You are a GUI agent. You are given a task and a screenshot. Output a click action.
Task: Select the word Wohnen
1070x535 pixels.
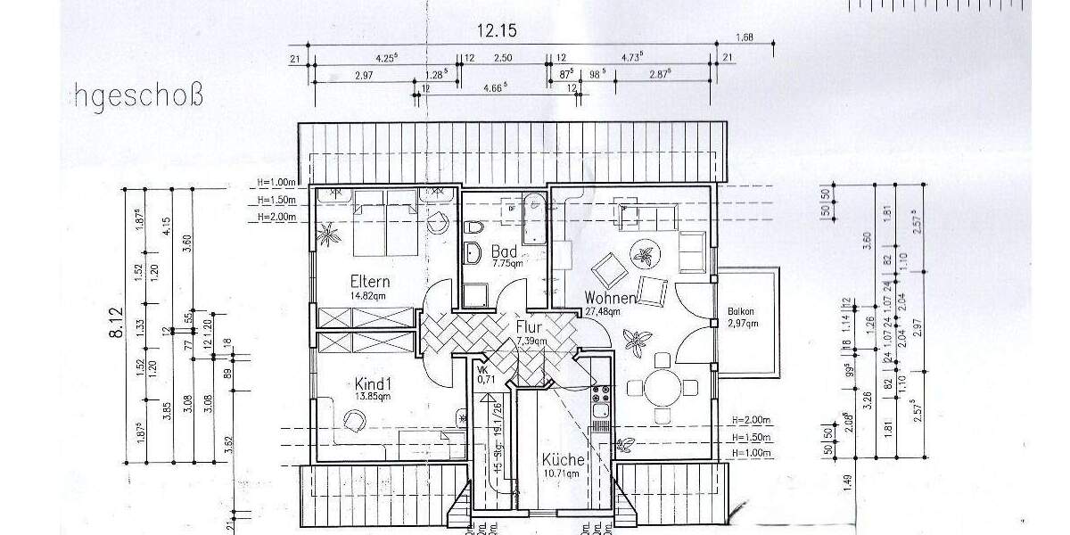[x=610, y=297]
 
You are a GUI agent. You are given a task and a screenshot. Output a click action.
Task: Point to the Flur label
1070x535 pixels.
[x=529, y=327]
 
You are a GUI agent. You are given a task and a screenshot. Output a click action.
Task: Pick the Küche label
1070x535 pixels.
[x=564, y=460]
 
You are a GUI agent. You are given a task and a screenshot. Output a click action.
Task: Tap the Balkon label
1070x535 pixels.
[x=741, y=311]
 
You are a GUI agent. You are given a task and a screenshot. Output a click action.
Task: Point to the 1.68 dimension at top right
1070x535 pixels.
[x=744, y=37]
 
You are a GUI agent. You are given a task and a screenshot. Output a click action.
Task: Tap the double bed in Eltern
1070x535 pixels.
[x=385, y=223]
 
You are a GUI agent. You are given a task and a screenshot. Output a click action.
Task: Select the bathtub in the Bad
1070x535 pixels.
[x=532, y=218]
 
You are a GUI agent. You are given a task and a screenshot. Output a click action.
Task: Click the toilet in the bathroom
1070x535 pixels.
[x=469, y=226]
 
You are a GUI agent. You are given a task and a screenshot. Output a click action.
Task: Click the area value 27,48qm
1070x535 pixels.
[x=602, y=311]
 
